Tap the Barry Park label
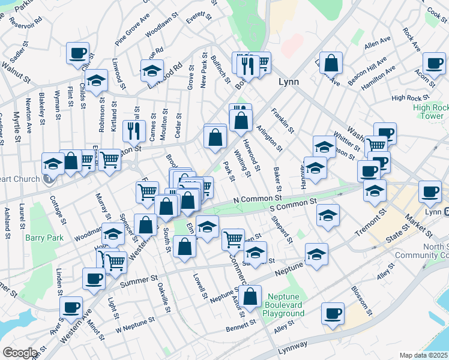[x=40, y=238]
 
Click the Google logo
[x=19, y=353]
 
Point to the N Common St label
[x=258, y=198]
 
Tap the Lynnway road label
[x=292, y=346]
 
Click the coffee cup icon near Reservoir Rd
[x=77, y=53]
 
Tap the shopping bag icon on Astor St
[x=252, y=295]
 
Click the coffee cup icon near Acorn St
[x=433, y=62]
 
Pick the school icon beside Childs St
[x=96, y=80]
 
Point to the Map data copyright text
[x=424, y=355]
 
